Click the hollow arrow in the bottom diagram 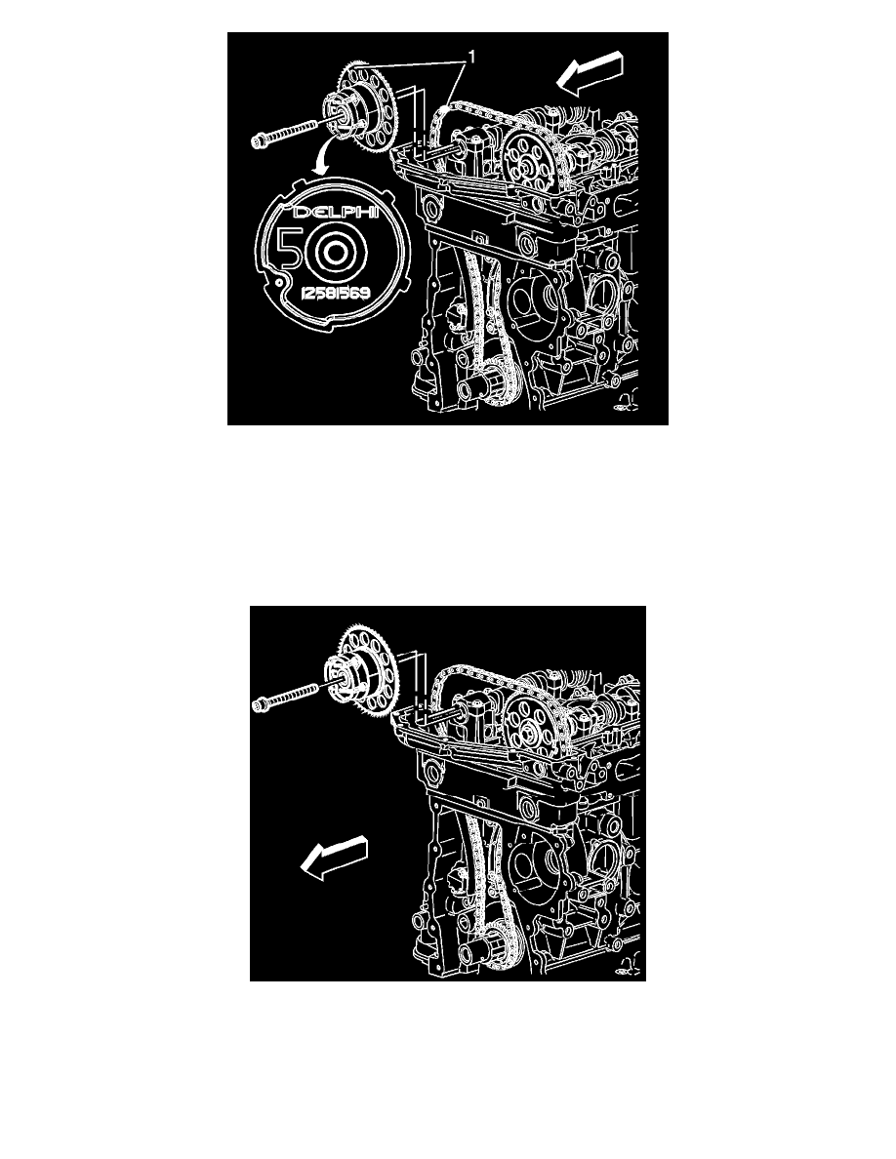click(x=332, y=858)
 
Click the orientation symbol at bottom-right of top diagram click(x=621, y=407)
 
